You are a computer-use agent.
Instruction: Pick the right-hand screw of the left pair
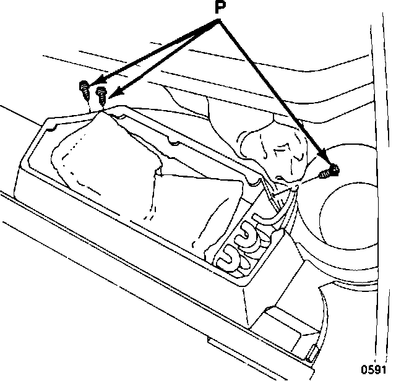[102, 94]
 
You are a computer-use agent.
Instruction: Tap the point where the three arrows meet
[218, 22]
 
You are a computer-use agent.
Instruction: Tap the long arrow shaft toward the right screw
[272, 93]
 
